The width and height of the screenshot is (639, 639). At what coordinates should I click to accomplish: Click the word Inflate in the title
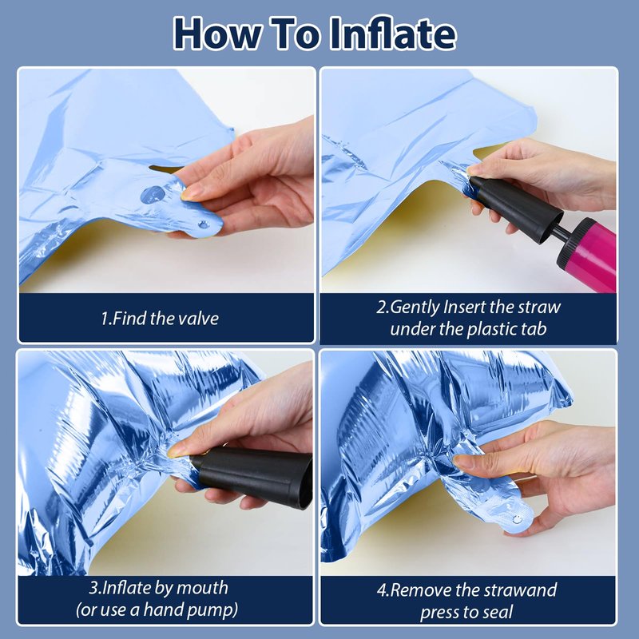[x=393, y=34]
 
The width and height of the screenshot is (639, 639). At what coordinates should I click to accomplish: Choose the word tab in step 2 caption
[x=534, y=329]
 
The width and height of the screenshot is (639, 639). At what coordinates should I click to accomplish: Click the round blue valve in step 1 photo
[x=153, y=195]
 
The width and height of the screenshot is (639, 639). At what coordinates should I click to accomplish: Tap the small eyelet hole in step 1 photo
[x=203, y=224]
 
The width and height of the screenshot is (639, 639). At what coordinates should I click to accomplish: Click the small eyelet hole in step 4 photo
[x=517, y=519]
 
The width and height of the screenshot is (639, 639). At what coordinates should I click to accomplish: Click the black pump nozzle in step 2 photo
[x=515, y=208]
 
